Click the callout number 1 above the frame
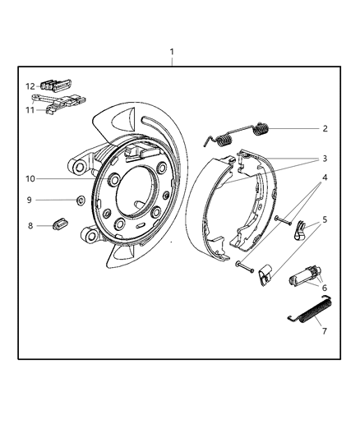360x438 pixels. point(172,53)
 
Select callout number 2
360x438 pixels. point(325,128)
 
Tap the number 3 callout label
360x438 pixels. point(325,159)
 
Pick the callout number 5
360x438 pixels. point(325,219)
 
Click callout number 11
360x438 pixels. point(30,108)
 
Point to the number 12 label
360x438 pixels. point(30,86)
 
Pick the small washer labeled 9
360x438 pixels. point(81,200)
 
